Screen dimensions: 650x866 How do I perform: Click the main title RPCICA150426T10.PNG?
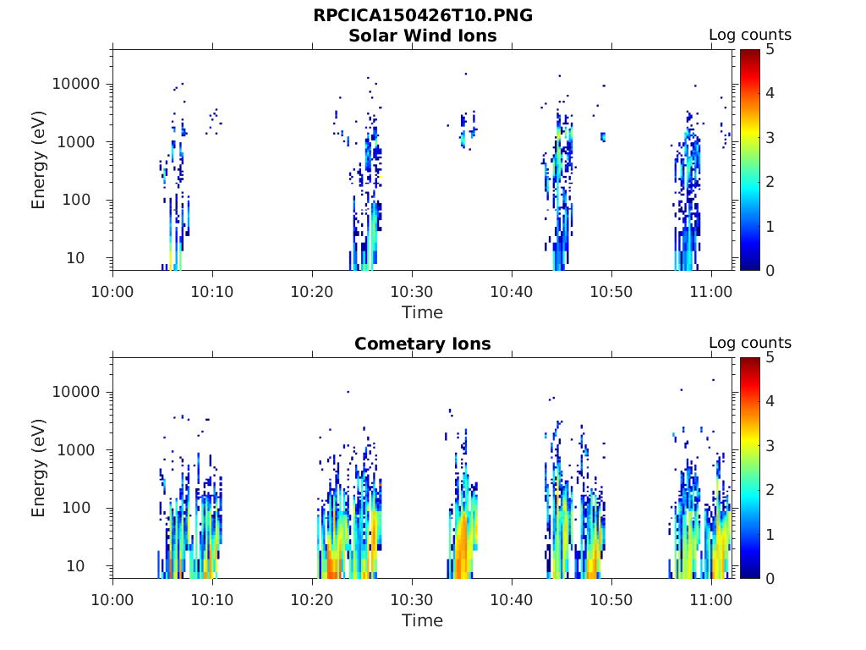point(423,15)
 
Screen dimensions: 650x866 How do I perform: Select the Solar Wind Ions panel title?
point(423,36)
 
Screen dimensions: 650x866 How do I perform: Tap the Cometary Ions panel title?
point(423,344)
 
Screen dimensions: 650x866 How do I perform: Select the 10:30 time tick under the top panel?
point(412,291)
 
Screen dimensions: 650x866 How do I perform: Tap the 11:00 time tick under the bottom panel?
point(711,599)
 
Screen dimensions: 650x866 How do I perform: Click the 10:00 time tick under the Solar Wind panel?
point(112,291)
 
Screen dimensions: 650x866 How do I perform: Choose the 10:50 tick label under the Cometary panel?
point(611,599)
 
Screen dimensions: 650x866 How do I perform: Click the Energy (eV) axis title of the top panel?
point(39,160)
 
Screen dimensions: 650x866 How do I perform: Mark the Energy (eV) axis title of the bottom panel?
point(39,468)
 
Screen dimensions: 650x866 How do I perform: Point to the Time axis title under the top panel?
point(422,312)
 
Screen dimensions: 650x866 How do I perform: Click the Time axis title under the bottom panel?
point(422,620)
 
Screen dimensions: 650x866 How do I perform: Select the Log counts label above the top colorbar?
point(749,35)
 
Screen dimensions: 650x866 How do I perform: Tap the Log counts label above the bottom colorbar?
point(749,343)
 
